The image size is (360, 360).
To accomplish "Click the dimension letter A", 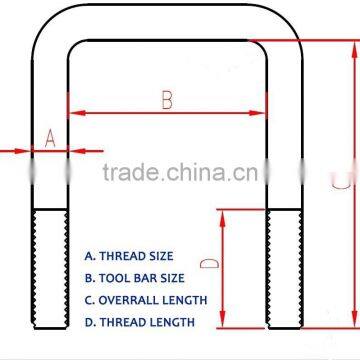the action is (50, 139).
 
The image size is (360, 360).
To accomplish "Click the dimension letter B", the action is (167, 98).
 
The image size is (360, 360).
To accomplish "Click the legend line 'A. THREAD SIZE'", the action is (129, 257).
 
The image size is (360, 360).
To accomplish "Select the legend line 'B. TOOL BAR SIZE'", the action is (135, 278).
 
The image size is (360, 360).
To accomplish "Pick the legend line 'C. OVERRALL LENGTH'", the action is (146, 300).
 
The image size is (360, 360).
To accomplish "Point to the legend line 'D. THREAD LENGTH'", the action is (140, 322).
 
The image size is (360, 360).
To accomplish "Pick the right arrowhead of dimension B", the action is (262, 113).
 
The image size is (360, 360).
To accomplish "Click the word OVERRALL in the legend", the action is (130, 300).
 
